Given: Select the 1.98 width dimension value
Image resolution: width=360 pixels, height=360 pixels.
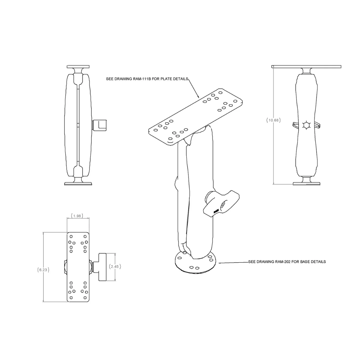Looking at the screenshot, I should (x=77, y=216).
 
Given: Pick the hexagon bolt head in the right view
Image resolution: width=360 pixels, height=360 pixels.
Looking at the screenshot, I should (x=306, y=125).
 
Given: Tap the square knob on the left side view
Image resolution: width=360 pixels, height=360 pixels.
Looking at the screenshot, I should (x=99, y=125).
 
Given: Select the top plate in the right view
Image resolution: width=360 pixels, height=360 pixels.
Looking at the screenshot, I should (x=306, y=66).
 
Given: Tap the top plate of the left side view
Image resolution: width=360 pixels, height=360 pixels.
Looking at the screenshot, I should (x=78, y=66).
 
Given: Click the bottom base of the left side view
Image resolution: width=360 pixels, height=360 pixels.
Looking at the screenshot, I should (x=78, y=183).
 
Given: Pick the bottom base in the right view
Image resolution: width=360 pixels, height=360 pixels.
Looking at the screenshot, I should (x=306, y=183).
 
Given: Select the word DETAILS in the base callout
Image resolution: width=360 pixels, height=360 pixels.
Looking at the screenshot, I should (x=316, y=262).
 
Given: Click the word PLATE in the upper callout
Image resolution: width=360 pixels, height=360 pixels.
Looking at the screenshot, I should (x=166, y=79).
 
